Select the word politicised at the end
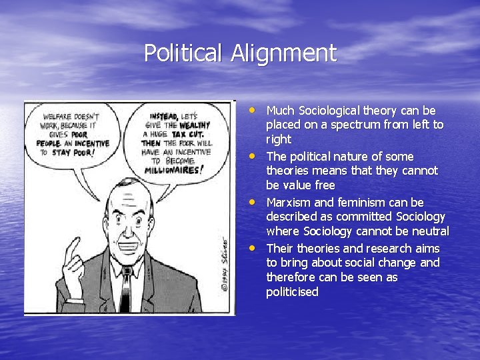click(x=292, y=292)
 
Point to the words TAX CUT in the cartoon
click(x=187, y=133)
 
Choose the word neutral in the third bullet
click(x=431, y=231)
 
